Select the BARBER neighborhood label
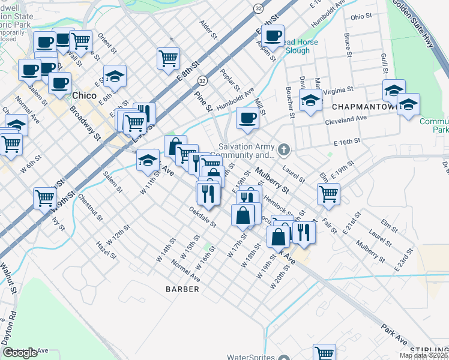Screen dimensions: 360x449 (x=182, y=289)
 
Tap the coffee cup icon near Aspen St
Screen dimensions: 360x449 (x=273, y=35)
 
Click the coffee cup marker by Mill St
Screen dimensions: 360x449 (x=247, y=118)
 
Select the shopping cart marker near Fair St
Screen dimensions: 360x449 (x=328, y=193)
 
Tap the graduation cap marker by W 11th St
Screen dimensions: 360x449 (x=148, y=160)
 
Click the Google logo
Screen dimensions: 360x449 (x=20, y=353)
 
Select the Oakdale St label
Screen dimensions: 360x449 (x=202, y=217)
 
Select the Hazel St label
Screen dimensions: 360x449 (x=106, y=251)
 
